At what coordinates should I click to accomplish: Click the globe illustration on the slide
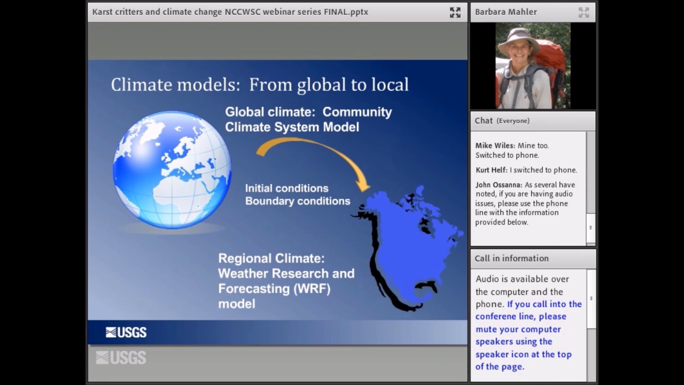pos(172,169)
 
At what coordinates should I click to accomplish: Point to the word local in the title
pos(390,84)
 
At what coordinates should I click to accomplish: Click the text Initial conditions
pos(286,188)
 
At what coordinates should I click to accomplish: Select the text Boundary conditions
pos(298,201)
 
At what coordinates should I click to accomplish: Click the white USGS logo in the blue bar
pos(126,333)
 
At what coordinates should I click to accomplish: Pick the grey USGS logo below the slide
pos(121,358)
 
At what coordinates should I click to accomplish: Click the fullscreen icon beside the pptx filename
pos(455,12)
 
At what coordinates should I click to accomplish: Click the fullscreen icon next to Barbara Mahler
pos(584,12)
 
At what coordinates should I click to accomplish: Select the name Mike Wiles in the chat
pos(495,145)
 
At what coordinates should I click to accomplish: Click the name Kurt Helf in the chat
pos(491,170)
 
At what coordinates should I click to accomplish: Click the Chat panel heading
pos(484,121)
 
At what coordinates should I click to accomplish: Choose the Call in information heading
pos(511,258)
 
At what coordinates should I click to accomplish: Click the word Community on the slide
pos(357,112)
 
